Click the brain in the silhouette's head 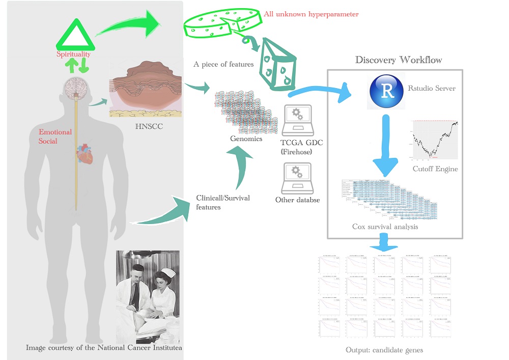[75, 87]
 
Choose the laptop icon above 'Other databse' [296, 177]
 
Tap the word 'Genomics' [246, 139]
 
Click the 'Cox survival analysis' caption [385, 227]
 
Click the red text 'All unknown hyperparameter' [312, 14]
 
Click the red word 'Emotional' [55, 132]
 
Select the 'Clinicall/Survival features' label [222, 202]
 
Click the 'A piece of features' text [223, 65]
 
